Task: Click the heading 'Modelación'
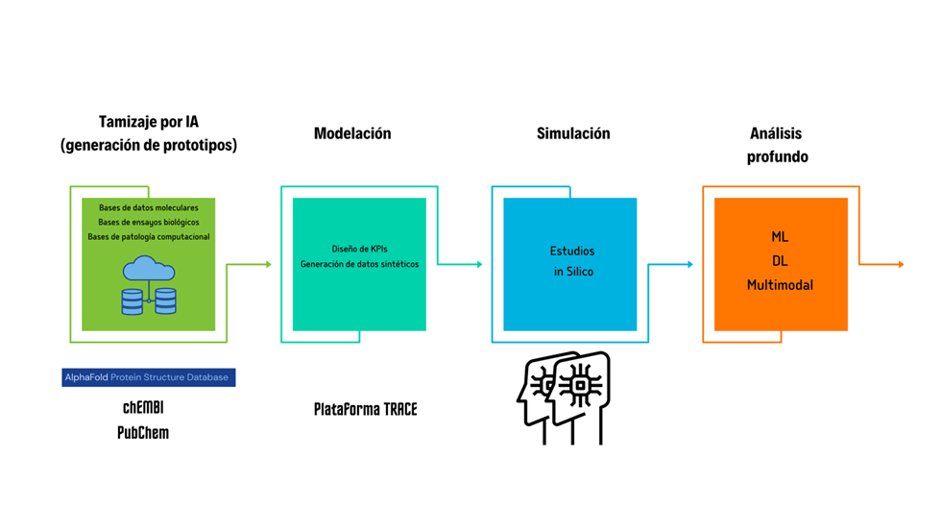click(352, 133)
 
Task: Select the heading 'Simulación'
click(573, 133)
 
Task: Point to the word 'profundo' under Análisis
click(778, 156)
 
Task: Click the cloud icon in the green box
click(149, 268)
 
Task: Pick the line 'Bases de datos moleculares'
click(149, 207)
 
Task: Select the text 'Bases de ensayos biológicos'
click(149, 222)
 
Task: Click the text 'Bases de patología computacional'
click(149, 236)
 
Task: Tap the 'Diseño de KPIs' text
click(359, 249)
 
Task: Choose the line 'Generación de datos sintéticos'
click(359, 264)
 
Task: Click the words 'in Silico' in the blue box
click(573, 272)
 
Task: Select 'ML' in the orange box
click(781, 236)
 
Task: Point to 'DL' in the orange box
click(781, 260)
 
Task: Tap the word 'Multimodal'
click(781, 285)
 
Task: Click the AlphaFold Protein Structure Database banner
click(148, 377)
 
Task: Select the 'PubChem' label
click(143, 432)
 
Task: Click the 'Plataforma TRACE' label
click(366, 409)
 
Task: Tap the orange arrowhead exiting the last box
click(900, 264)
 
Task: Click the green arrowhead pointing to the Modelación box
click(269, 264)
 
